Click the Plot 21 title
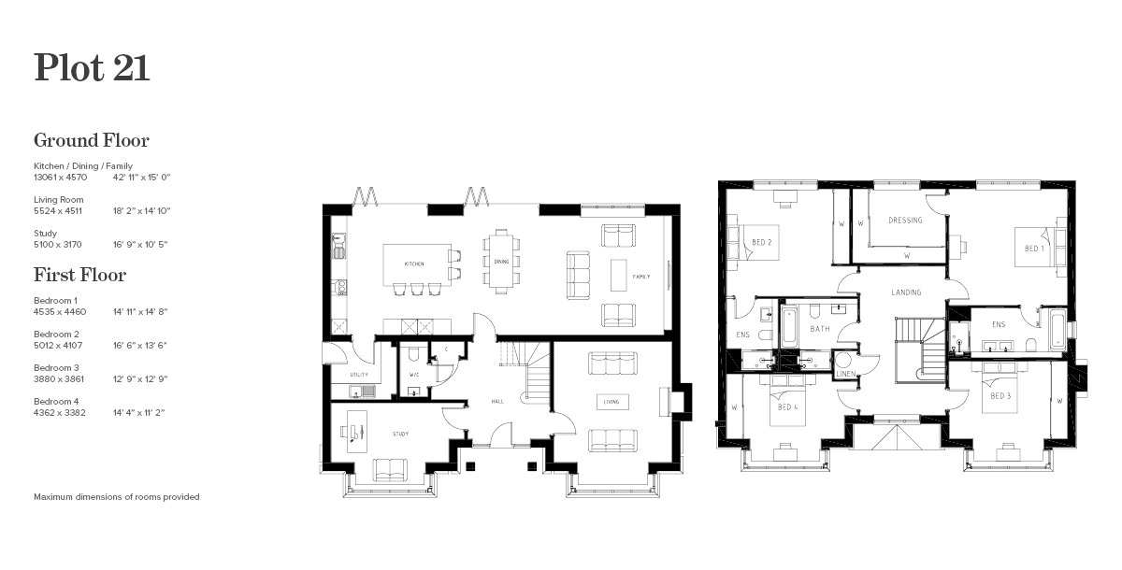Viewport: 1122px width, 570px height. click(92, 68)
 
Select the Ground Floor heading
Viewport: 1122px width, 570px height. click(92, 141)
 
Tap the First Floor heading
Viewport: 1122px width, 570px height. click(79, 276)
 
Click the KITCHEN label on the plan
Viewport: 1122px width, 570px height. click(414, 264)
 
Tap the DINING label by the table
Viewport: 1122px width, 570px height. click(499, 262)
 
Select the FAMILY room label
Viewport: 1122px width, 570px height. click(640, 278)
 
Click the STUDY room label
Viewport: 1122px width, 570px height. click(400, 435)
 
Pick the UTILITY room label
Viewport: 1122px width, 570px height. click(358, 375)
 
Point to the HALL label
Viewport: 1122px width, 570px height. click(497, 402)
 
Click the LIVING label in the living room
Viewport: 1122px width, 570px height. click(611, 402)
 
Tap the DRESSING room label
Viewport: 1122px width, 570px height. click(904, 221)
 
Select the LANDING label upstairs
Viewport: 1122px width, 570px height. click(906, 292)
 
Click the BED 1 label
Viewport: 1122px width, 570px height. click(1033, 249)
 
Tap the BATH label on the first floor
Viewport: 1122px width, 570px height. click(820, 329)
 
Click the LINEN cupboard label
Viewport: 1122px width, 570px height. click(844, 374)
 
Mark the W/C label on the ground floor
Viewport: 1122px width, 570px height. click(413, 375)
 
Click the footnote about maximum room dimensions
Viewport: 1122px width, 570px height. click(116, 497)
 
